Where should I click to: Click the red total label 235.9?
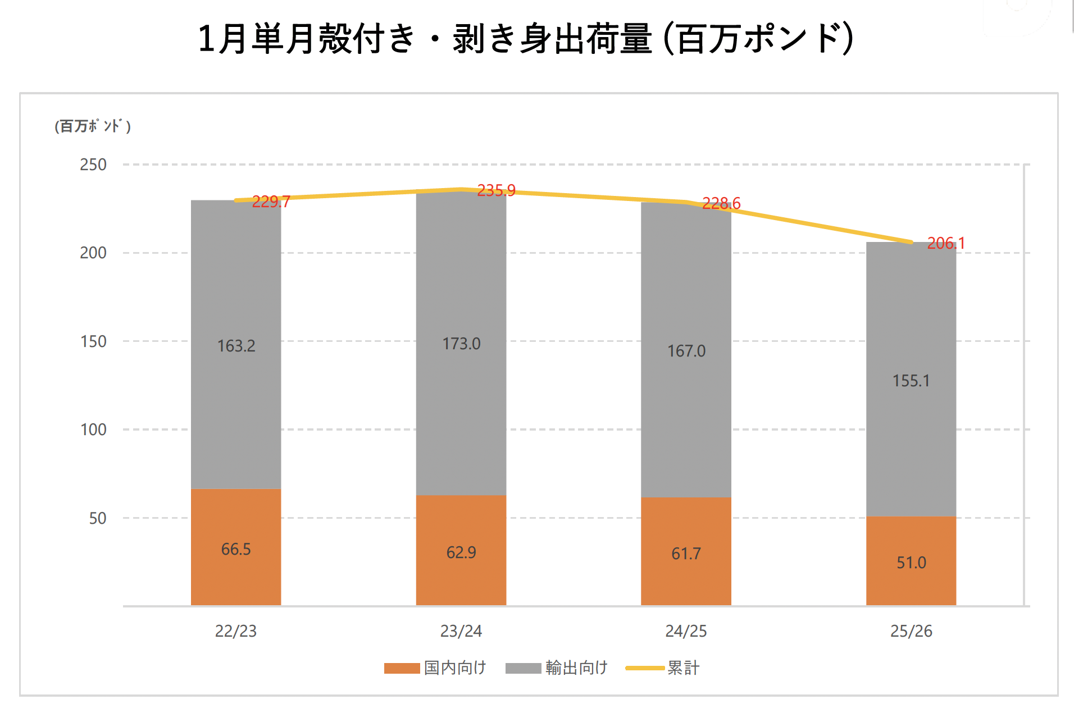click(x=496, y=191)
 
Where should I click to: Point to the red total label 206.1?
click(x=946, y=243)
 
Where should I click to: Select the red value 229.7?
click(x=271, y=202)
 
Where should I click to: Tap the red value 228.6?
click(x=721, y=203)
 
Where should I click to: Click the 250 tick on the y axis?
click(x=93, y=165)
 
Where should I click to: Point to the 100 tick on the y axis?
click(x=93, y=430)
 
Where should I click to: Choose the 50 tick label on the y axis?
click(x=98, y=518)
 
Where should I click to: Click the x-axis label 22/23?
click(x=236, y=631)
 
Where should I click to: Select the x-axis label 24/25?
click(x=686, y=631)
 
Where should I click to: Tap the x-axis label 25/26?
click(x=911, y=631)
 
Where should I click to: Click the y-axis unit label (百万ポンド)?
click(x=93, y=126)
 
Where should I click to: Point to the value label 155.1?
click(x=911, y=381)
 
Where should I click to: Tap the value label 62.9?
click(x=461, y=552)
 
